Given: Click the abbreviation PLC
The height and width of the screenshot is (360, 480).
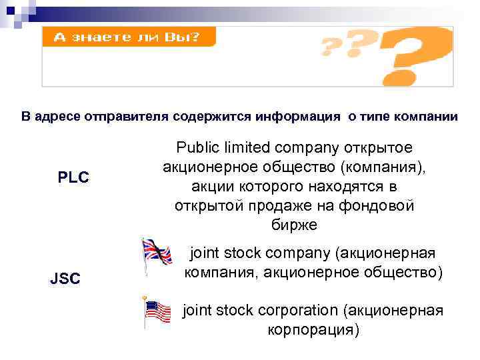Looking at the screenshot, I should click(74, 178).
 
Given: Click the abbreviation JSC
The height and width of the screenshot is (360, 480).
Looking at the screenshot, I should click(65, 279).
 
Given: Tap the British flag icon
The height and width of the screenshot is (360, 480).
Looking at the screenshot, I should click(156, 254).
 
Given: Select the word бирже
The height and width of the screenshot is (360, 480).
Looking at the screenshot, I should click(294, 225).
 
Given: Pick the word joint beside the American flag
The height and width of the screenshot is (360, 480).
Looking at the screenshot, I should click(199, 310).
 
